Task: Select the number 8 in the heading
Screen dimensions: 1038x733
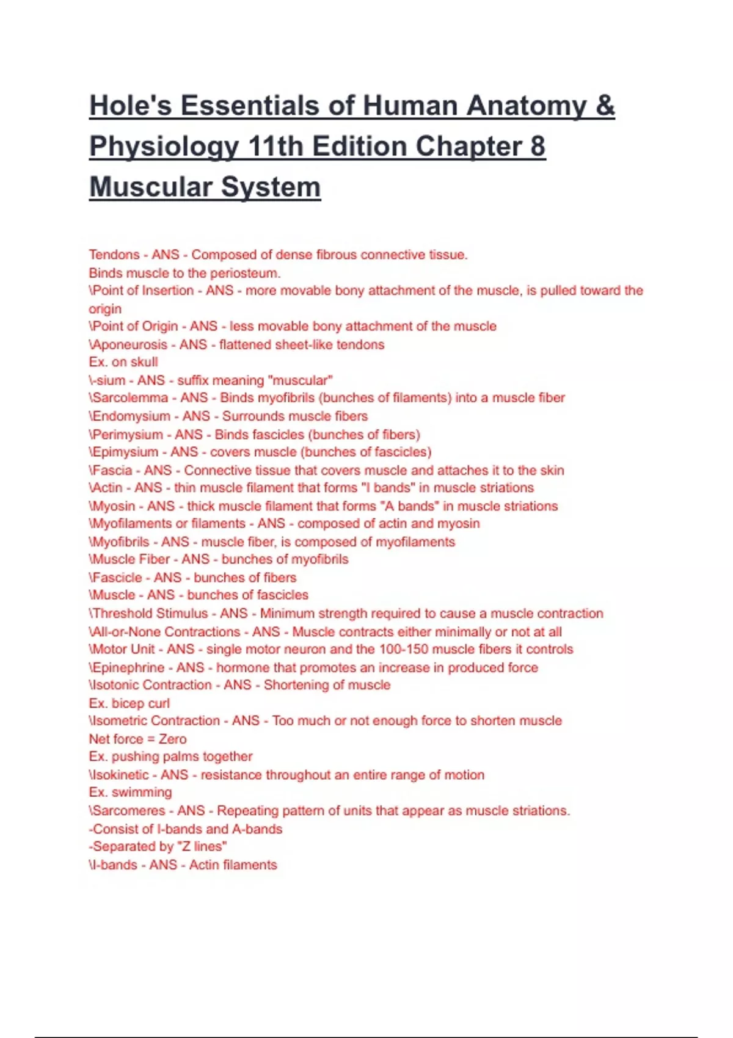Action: coord(538,146)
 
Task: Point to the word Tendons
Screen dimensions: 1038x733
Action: coord(114,255)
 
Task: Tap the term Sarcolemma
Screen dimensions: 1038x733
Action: coord(130,398)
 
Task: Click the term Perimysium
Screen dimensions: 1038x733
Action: coord(128,434)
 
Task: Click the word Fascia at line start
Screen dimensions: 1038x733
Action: coord(112,470)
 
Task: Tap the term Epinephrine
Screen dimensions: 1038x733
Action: coord(128,667)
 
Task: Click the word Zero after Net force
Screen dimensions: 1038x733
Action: coord(173,739)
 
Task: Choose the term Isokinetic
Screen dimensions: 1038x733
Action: coord(120,775)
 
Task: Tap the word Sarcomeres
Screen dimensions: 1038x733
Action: coord(129,811)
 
